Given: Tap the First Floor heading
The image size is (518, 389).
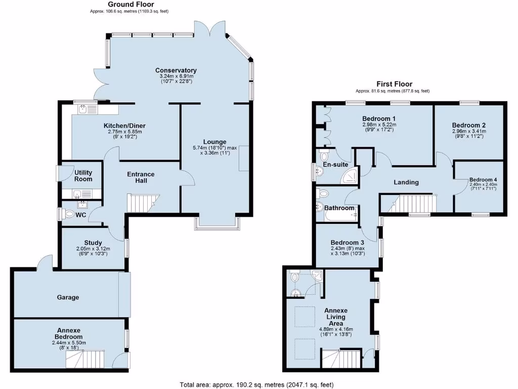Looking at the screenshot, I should (394, 84).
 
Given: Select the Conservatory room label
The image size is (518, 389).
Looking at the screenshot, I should (176, 70).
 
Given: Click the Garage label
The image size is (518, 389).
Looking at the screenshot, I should (68, 297).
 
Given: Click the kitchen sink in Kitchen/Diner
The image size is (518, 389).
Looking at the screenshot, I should (83, 108).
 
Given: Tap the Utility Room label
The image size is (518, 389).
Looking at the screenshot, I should (83, 176).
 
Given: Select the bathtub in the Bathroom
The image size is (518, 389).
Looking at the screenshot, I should (340, 216).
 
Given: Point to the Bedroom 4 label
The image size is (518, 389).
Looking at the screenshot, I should (483, 179).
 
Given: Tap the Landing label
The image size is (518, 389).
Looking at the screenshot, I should (406, 182).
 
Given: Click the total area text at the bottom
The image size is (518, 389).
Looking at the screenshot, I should (257, 384).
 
